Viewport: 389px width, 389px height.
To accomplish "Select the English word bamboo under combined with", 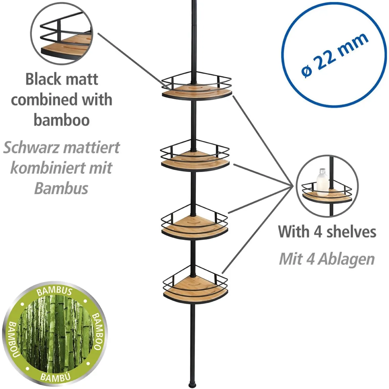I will pos(61,120).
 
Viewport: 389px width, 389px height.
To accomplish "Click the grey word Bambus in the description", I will pos(61,188).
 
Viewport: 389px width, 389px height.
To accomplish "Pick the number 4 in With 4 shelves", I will pos(318,232).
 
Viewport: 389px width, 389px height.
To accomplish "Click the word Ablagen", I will pos(346,259).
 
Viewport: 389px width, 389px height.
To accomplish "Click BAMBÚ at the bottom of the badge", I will pos(56,377).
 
